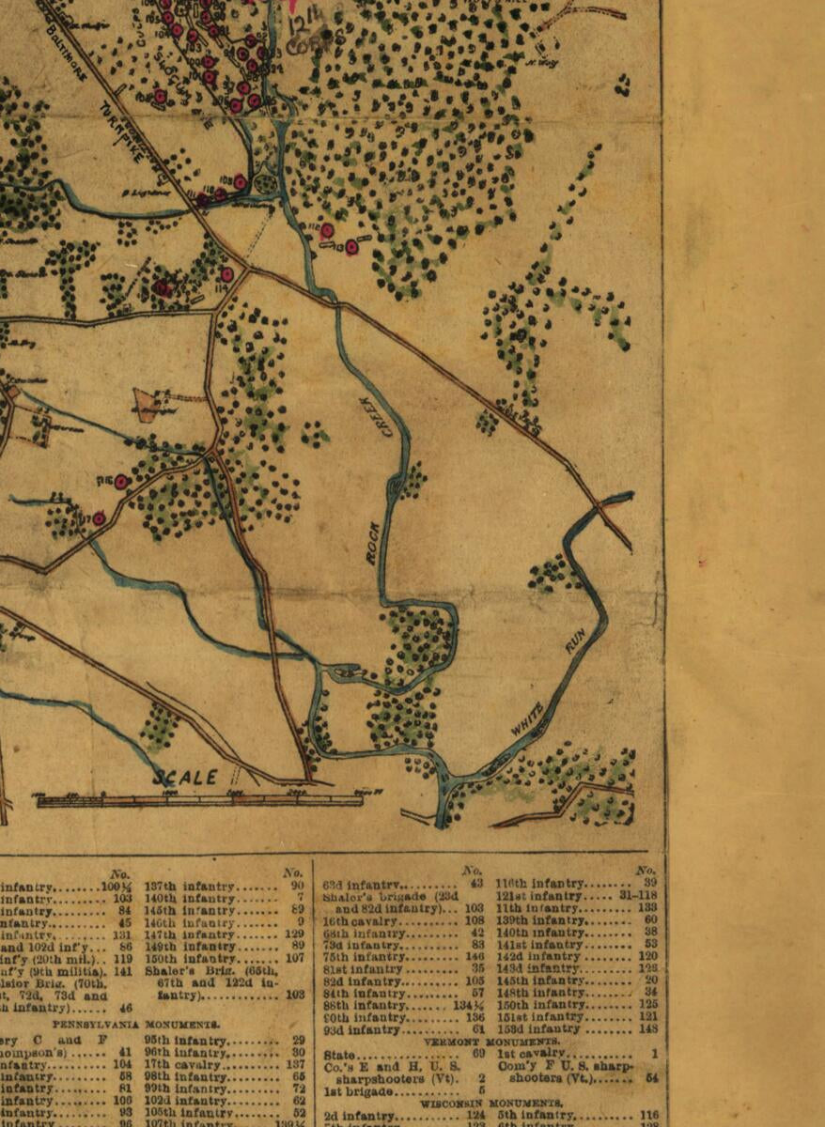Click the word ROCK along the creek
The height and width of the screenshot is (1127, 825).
point(373,543)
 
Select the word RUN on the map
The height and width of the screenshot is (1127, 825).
point(575,641)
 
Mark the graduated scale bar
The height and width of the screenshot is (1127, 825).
point(199,800)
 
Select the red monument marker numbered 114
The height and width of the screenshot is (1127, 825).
point(351,247)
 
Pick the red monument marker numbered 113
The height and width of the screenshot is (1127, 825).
point(326,230)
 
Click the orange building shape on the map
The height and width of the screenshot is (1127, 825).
point(148,403)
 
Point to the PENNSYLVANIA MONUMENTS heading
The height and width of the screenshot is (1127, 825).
point(135,1024)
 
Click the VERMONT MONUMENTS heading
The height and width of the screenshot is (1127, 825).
point(492,1041)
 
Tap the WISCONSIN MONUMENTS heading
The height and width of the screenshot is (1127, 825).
point(492,1103)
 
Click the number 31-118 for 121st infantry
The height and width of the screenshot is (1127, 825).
point(636,896)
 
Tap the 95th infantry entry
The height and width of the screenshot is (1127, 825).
point(182,1040)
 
